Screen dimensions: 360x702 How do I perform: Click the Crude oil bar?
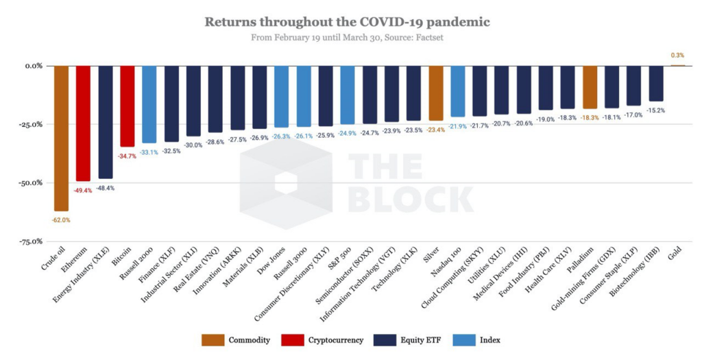[61, 137]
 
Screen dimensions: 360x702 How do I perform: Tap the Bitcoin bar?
[127, 106]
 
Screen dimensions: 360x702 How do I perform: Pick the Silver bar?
[436, 93]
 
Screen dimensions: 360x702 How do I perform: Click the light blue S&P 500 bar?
[348, 95]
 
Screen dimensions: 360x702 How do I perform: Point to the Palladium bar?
[590, 87]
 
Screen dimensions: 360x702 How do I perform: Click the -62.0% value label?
[61, 220]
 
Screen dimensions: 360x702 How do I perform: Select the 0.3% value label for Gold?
[677, 55]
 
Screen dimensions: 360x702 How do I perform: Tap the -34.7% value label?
[127, 156]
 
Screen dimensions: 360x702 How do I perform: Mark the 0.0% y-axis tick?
[33, 66]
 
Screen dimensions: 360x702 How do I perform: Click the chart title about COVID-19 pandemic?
[348, 22]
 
